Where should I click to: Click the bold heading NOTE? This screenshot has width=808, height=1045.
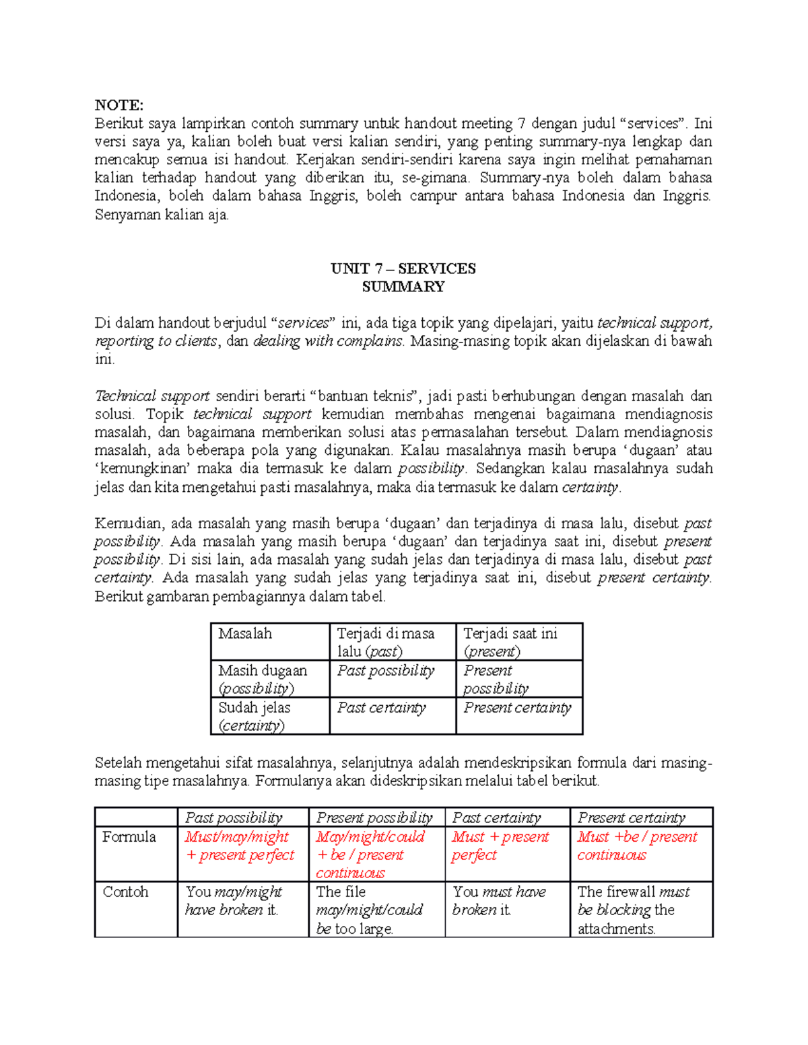(x=119, y=105)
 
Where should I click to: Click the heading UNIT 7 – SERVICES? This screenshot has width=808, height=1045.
(x=403, y=268)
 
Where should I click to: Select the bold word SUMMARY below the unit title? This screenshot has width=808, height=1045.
(x=403, y=287)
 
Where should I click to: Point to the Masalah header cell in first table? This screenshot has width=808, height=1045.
(x=245, y=634)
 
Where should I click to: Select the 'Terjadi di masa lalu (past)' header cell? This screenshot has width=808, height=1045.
(x=386, y=642)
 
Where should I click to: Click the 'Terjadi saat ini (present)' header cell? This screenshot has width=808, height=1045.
(x=510, y=642)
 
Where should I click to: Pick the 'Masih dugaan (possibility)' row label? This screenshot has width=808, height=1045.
(x=263, y=679)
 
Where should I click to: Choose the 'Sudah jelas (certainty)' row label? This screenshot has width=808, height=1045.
(x=255, y=716)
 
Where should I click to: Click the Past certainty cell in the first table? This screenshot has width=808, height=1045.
(x=381, y=708)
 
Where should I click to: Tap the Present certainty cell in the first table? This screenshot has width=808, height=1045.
(x=517, y=708)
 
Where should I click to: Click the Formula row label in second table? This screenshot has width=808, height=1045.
(x=129, y=837)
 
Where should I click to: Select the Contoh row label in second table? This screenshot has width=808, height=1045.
(x=126, y=892)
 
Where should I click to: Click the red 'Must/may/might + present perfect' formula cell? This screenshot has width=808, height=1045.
(x=240, y=846)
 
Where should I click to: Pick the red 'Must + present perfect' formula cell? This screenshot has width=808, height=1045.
(x=500, y=846)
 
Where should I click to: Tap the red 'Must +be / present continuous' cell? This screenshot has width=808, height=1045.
(x=637, y=846)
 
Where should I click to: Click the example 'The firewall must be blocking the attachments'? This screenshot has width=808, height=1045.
(x=633, y=910)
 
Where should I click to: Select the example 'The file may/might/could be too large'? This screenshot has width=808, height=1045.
(x=369, y=910)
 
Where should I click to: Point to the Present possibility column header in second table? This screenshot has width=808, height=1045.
(x=374, y=818)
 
